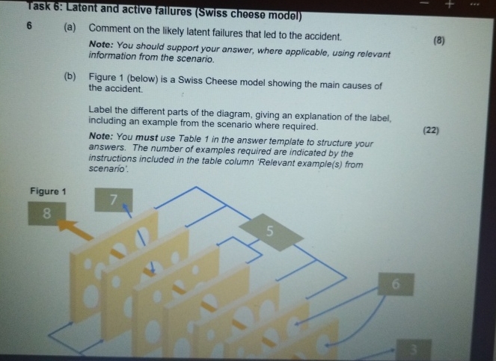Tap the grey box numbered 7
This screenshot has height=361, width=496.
(x=113, y=200)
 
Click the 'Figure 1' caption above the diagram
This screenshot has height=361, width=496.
(x=49, y=191)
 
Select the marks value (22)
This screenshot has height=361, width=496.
(x=431, y=131)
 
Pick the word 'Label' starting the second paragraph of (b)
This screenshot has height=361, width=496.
(x=101, y=109)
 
